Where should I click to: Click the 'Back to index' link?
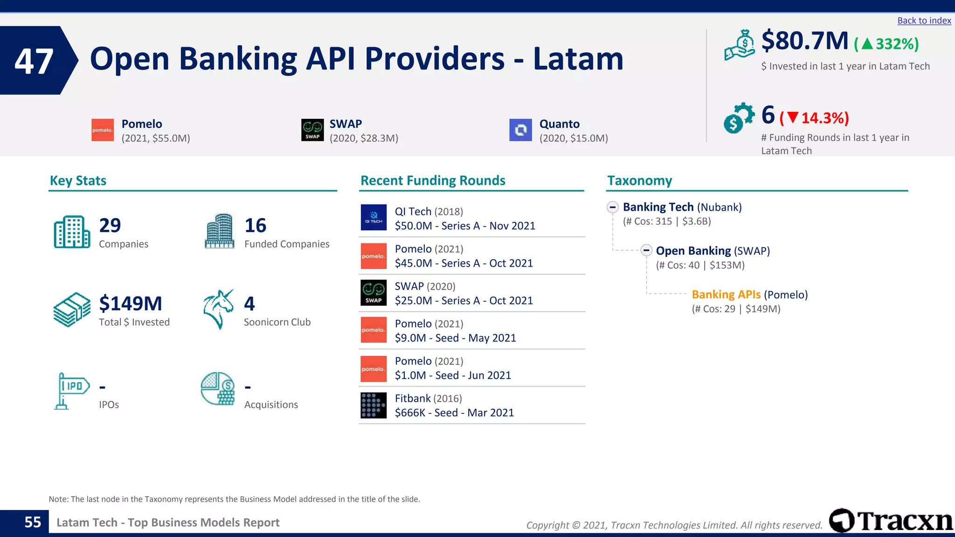[x=924, y=21]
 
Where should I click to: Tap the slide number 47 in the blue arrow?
[x=34, y=61]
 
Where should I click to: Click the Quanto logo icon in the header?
[x=520, y=130]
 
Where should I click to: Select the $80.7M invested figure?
[x=805, y=41]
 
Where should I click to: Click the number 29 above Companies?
[x=110, y=226]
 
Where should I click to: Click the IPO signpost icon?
[x=71, y=391]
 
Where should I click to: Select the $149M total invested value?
[x=131, y=304]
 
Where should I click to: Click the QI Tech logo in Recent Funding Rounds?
[x=374, y=217]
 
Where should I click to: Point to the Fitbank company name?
[x=413, y=399]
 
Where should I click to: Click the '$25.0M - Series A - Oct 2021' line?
[x=464, y=301]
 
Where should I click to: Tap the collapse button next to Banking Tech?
[x=613, y=207]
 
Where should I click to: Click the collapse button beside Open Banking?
[x=646, y=251]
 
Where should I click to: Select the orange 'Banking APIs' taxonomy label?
[x=726, y=295]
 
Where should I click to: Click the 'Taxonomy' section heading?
[x=639, y=181]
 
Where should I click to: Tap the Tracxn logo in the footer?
[x=891, y=521]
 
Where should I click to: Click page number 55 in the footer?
[x=33, y=522]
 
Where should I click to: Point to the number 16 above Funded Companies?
[x=255, y=226]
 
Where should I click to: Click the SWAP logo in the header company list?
[x=312, y=130]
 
